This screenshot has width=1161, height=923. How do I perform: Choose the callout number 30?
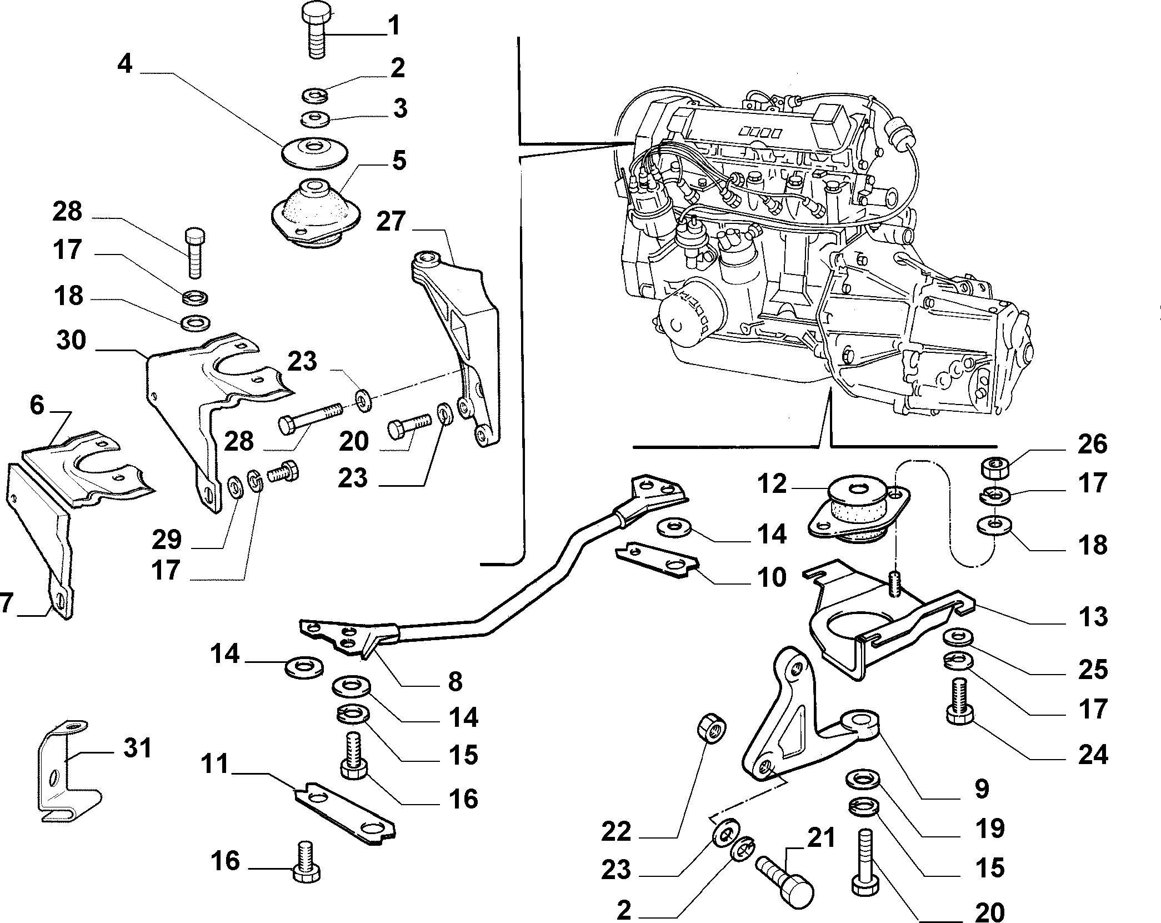[71, 340]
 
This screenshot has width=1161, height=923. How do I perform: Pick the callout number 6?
[37, 405]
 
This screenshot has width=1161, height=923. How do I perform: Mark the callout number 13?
[1092, 617]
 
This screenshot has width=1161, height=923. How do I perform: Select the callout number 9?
[982, 789]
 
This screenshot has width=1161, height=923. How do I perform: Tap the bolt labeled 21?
[784, 887]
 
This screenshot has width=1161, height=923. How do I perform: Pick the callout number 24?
[1093, 755]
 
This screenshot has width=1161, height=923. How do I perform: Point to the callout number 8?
[455, 681]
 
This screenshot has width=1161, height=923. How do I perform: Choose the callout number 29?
[167, 539]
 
